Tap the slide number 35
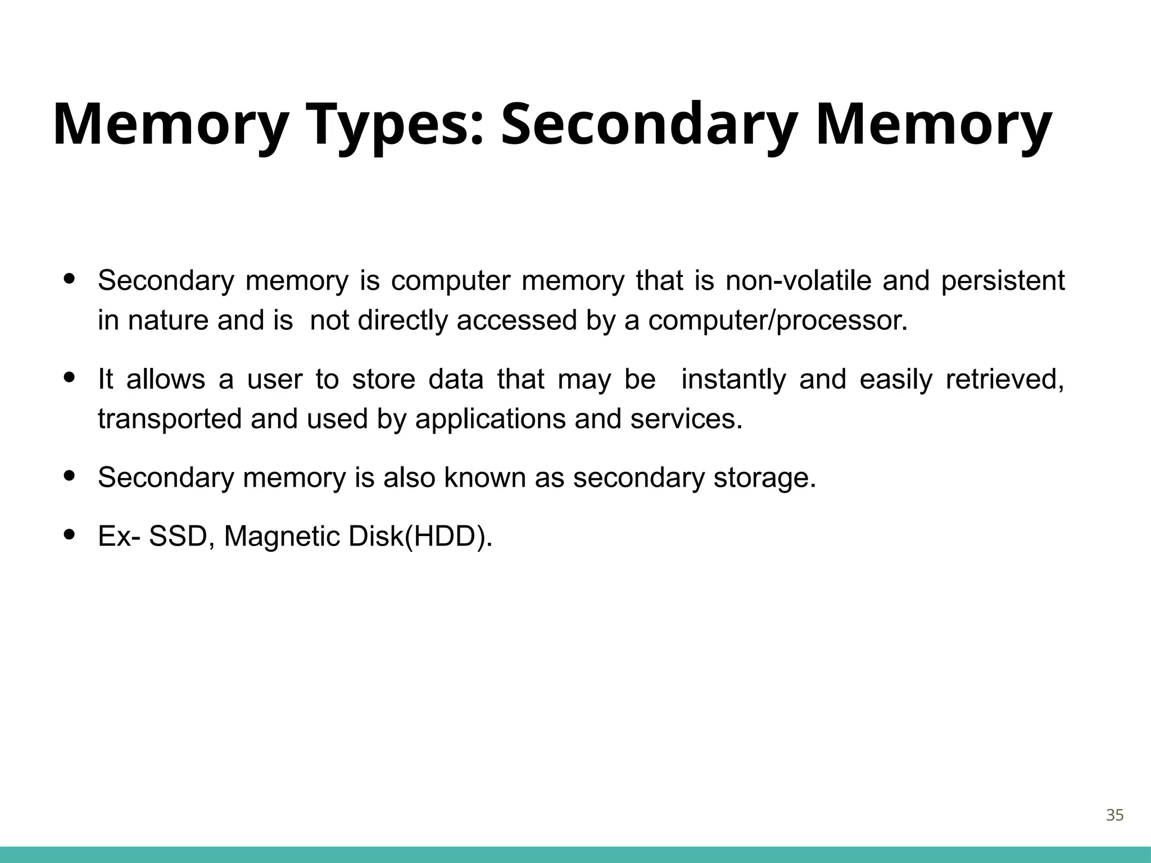pyautogui.click(x=1114, y=815)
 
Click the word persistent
pyautogui.click(x=1003, y=280)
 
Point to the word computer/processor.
pyautogui.click(x=778, y=320)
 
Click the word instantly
pyautogui.click(x=733, y=379)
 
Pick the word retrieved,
pyautogui.click(x=1005, y=379)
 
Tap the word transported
pyautogui.click(x=170, y=419)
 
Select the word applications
pyautogui.click(x=490, y=419)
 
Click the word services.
pyautogui.click(x=686, y=419)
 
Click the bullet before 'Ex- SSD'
pyautogui.click(x=70, y=534)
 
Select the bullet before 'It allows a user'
pyautogui.click(x=70, y=378)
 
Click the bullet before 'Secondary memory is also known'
pyautogui.click(x=70, y=476)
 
